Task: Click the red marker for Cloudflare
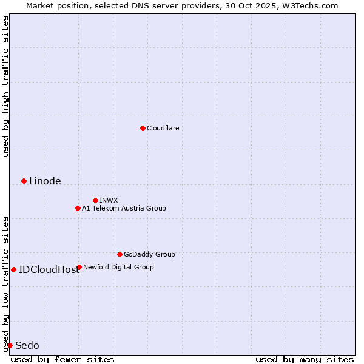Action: click(x=143, y=128)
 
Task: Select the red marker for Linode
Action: click(x=24, y=181)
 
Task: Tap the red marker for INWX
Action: click(x=95, y=200)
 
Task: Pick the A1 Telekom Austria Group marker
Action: click(x=78, y=208)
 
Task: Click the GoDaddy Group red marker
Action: click(x=120, y=254)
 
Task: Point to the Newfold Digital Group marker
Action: click(x=79, y=267)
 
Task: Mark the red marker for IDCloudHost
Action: click(x=13, y=269)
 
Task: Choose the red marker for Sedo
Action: click(x=10, y=345)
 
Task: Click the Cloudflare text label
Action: click(x=163, y=128)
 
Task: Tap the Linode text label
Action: click(x=45, y=181)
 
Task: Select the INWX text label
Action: click(x=109, y=200)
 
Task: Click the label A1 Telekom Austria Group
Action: click(x=124, y=208)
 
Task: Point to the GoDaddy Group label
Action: click(x=149, y=254)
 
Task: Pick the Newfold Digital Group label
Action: click(x=118, y=267)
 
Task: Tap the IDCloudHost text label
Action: click(x=49, y=269)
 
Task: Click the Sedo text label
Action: click(x=27, y=345)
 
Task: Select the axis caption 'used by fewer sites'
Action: click(x=62, y=359)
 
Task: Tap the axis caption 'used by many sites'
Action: click(x=305, y=359)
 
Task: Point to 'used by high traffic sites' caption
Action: click(x=5, y=86)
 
